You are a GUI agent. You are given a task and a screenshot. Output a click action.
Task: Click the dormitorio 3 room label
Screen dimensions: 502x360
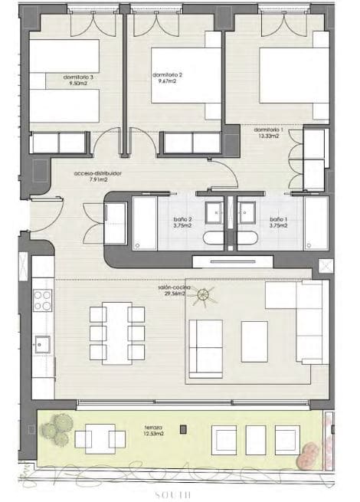tap(80, 77)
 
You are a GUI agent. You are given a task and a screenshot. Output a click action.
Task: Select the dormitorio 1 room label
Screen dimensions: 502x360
tap(269, 130)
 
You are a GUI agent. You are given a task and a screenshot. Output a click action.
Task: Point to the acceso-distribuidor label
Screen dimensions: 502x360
tap(98, 174)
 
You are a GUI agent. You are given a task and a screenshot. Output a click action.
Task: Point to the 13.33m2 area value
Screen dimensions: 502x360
tap(269, 136)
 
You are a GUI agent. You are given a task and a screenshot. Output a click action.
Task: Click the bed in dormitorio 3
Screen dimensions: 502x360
tap(64, 80)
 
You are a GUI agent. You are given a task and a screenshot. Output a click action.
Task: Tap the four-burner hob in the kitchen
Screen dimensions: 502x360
tap(43, 300)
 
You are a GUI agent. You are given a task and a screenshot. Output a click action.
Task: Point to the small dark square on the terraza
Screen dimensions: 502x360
tap(182, 430)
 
